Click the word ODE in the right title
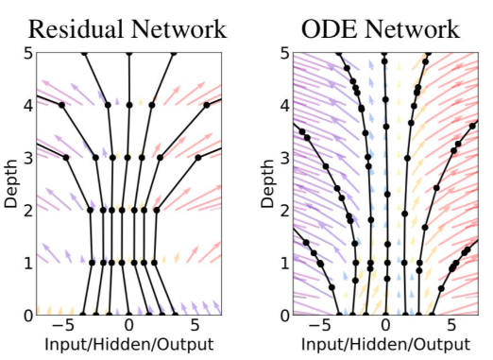pyautogui.click(x=330, y=29)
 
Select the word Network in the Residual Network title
pyautogui.click(x=179, y=29)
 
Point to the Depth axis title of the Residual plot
pyautogui.click(x=11, y=183)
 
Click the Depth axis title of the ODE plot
pyautogui.click(x=267, y=183)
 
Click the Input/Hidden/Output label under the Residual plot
pyautogui.click(x=129, y=344)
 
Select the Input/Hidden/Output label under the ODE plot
pyautogui.click(x=385, y=344)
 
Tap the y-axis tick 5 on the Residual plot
pyautogui.click(x=28, y=53)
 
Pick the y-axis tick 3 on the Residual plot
pyautogui.click(x=28, y=158)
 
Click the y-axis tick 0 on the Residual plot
pyautogui.click(x=28, y=315)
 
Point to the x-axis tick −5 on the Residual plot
pyautogui.click(x=63, y=325)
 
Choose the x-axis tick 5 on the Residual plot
pyautogui.click(x=195, y=325)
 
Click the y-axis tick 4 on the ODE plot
pyautogui.click(x=285, y=106)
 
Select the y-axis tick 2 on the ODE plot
pyautogui.click(x=285, y=210)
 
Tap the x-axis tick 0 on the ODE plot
pyautogui.click(x=385, y=325)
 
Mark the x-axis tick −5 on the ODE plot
pyautogui.click(x=319, y=325)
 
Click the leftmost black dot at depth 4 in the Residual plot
pyautogui.click(x=61, y=105)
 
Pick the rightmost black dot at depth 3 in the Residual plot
pyautogui.click(x=198, y=158)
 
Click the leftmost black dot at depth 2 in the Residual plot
pyautogui.click(x=91, y=210)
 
